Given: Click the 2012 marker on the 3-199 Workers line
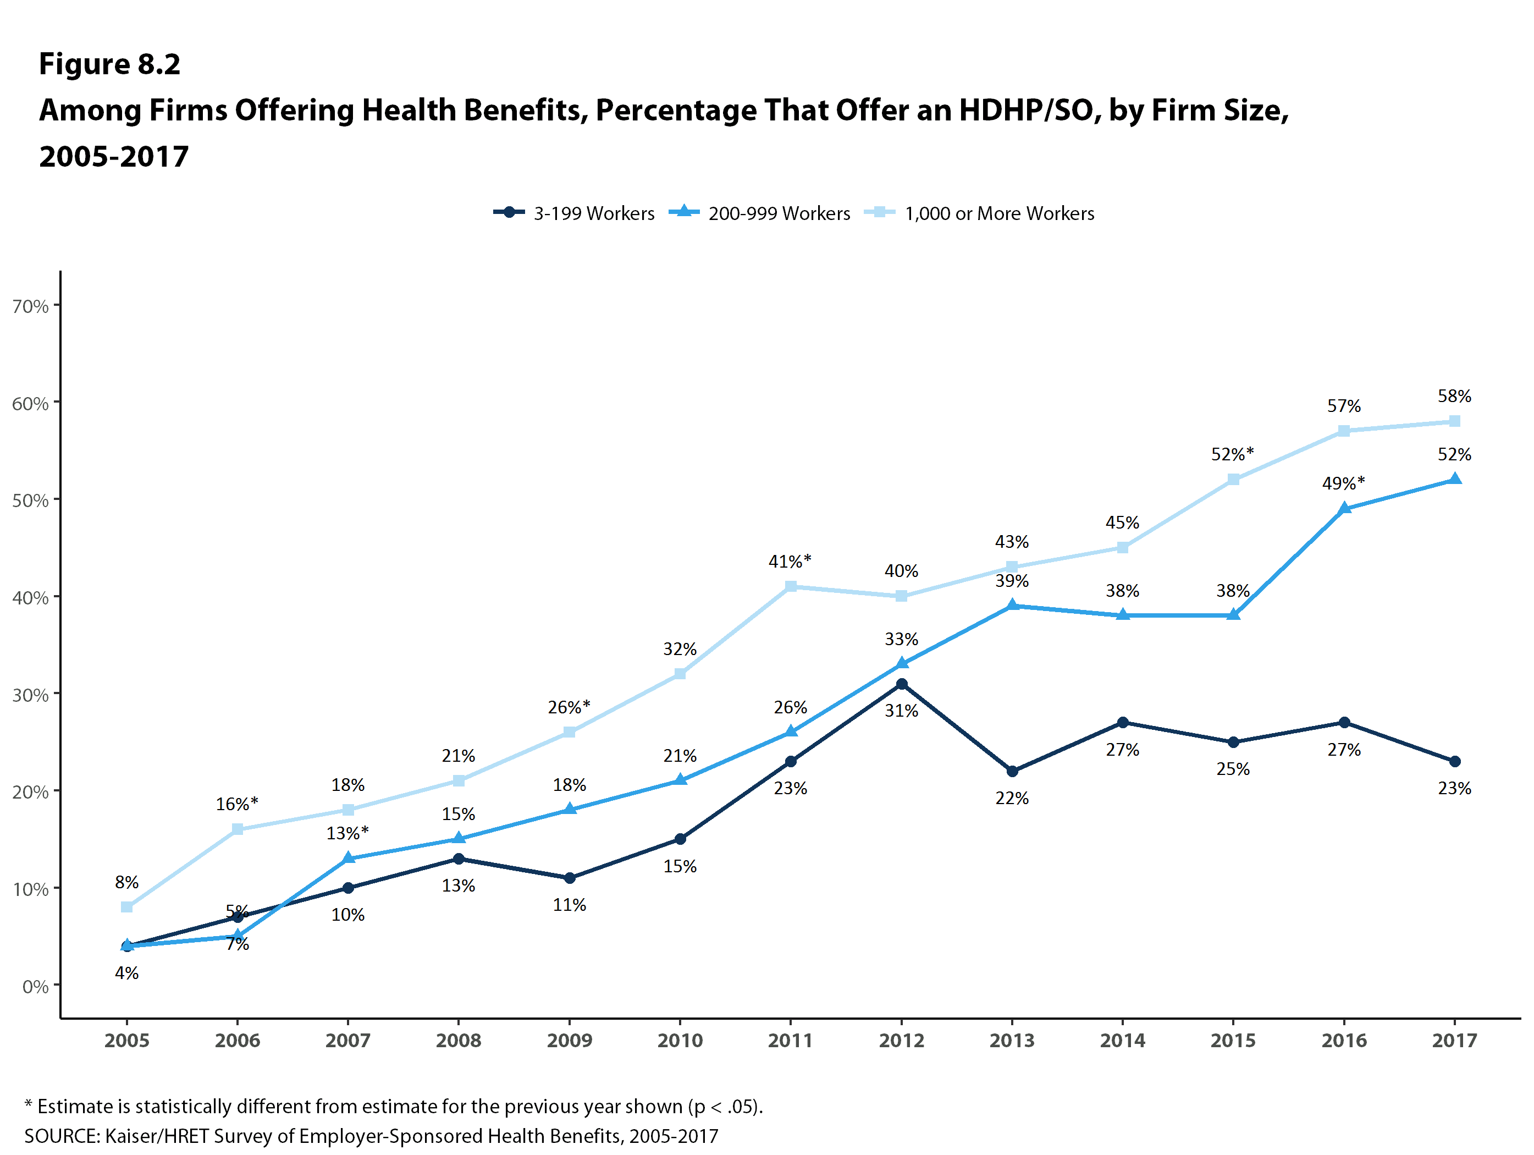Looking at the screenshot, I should pyautogui.click(x=902, y=684).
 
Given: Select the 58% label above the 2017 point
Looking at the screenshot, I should pyautogui.click(x=1454, y=396).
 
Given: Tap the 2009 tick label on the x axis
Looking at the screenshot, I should pyautogui.click(x=570, y=1041).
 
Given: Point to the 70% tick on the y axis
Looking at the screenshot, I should pyautogui.click(x=30, y=306).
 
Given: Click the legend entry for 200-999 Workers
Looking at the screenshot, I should pyautogui.click(x=759, y=213).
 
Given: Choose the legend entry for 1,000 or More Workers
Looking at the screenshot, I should pyautogui.click(x=979, y=213).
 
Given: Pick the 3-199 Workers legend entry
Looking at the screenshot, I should pyautogui.click(x=573, y=213).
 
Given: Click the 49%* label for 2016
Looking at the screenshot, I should pyautogui.click(x=1343, y=483).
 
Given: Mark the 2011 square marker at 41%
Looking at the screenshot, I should pyautogui.click(x=791, y=586).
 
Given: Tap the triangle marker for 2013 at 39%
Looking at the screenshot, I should pyautogui.click(x=1012, y=605).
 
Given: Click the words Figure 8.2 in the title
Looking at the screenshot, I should pyautogui.click(x=109, y=64).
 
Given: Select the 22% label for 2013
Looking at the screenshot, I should pyautogui.click(x=1012, y=799).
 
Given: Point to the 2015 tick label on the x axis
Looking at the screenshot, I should pyautogui.click(x=1233, y=1041).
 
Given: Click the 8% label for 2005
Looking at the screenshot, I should pyautogui.click(x=127, y=882).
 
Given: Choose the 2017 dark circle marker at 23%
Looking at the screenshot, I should pyautogui.click(x=1455, y=761).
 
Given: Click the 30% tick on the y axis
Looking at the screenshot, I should pyautogui.click(x=30, y=695).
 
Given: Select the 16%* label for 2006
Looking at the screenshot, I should pyautogui.click(x=236, y=804).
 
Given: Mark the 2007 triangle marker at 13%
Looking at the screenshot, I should pyautogui.click(x=348, y=859).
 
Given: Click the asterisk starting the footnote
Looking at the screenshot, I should pyautogui.click(x=29, y=1105).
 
